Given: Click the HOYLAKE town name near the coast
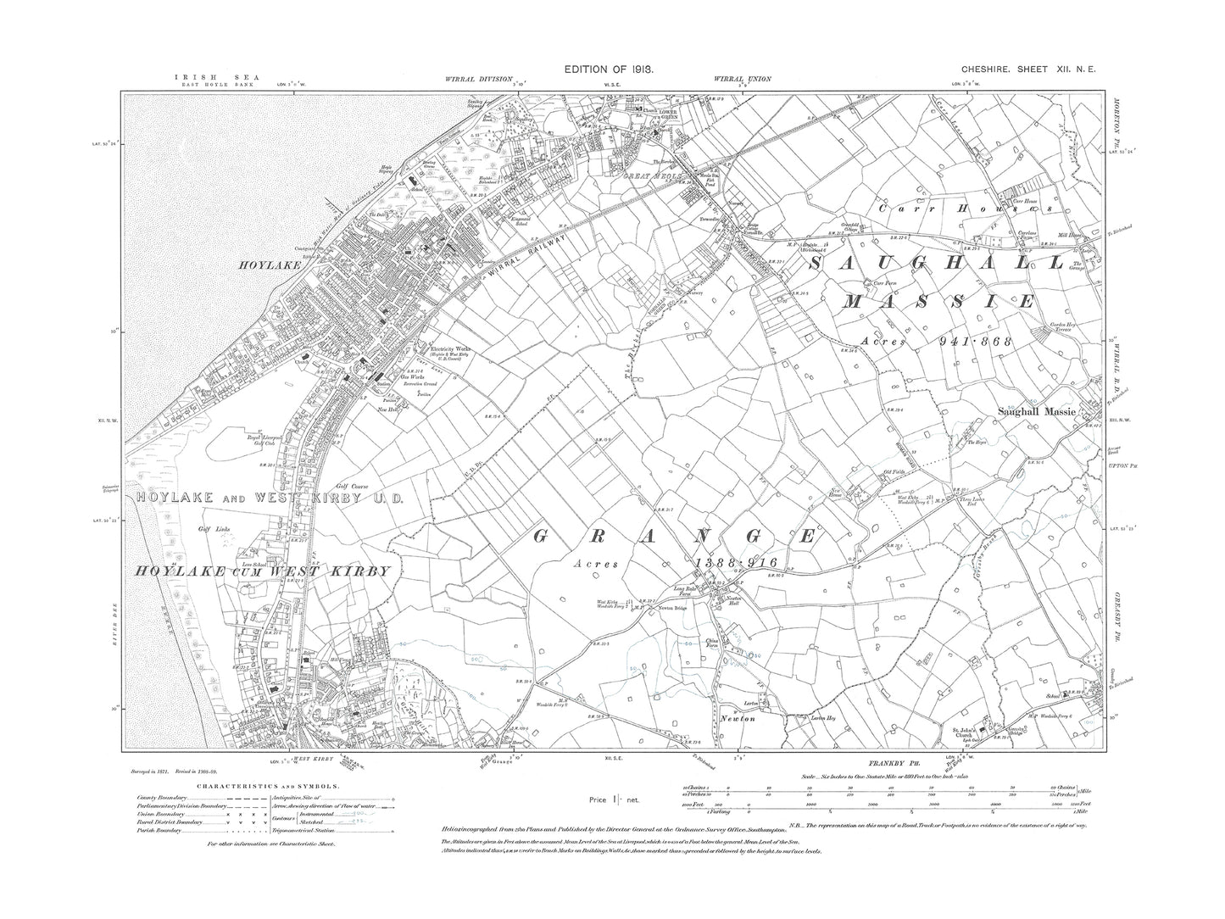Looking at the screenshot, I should tap(257, 264).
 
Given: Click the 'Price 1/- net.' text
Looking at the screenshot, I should tap(610, 799).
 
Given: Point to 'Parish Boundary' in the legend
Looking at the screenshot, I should tap(156, 829).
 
